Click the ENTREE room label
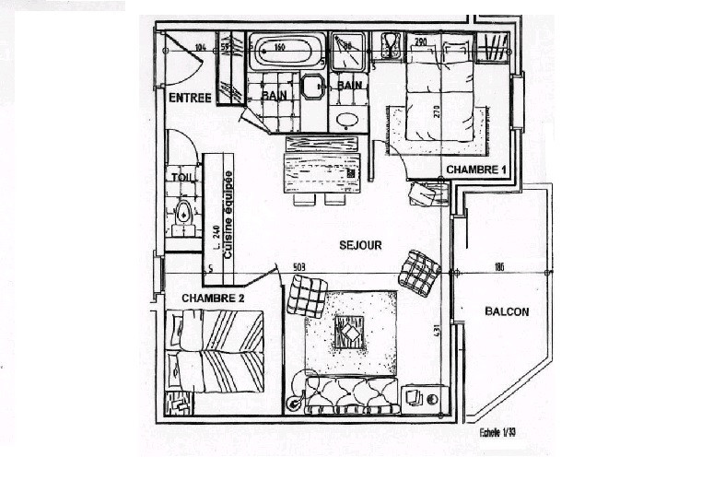tap(190, 97)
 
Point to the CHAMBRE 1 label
tap(476, 170)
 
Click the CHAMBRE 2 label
tap(213, 298)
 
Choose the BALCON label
tap(507, 311)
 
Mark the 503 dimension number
tap(299, 268)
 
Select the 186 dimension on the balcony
tap(499, 268)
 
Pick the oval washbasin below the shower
tap(347, 120)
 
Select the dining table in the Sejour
tap(322, 171)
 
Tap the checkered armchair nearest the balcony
tap(419, 273)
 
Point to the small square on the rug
tap(349, 332)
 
